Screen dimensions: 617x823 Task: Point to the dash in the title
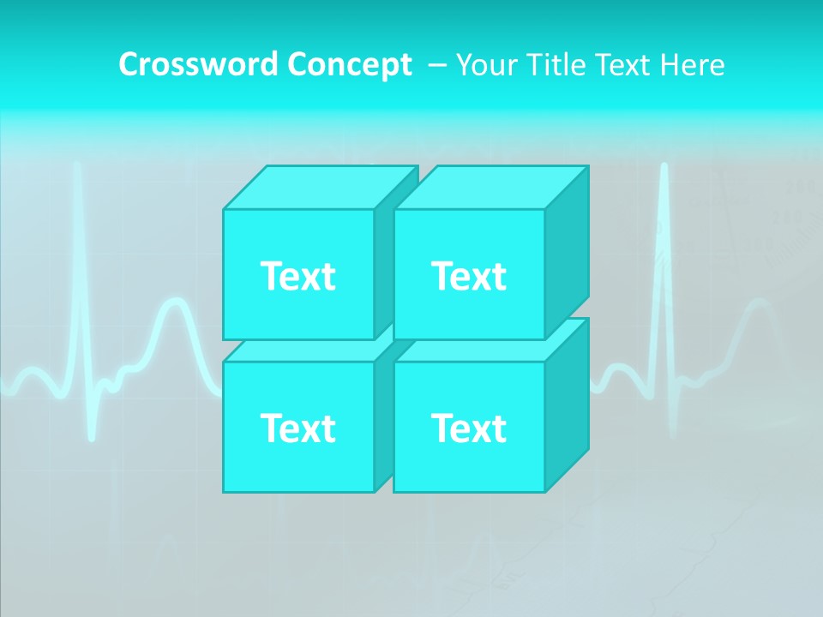click(436, 65)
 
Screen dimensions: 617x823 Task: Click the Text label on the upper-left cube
click(297, 276)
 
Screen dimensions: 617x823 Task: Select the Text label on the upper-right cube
click(469, 276)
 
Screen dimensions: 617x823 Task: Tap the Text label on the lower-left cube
click(297, 428)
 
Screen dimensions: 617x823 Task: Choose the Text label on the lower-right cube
click(469, 428)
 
